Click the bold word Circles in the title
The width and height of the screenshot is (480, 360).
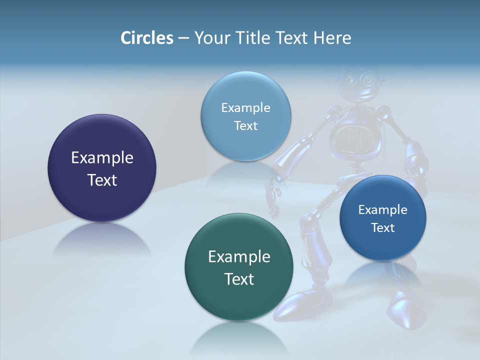click(146, 38)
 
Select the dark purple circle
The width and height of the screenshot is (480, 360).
click(102, 168)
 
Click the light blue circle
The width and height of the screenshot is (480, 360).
click(245, 116)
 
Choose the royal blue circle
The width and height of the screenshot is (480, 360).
click(382, 218)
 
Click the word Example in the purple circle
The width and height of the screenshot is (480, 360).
click(102, 158)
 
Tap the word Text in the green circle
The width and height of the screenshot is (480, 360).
click(239, 279)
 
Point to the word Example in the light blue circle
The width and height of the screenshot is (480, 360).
click(245, 107)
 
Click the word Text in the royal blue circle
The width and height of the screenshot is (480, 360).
click(382, 228)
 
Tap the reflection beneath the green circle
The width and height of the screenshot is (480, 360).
click(239, 340)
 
